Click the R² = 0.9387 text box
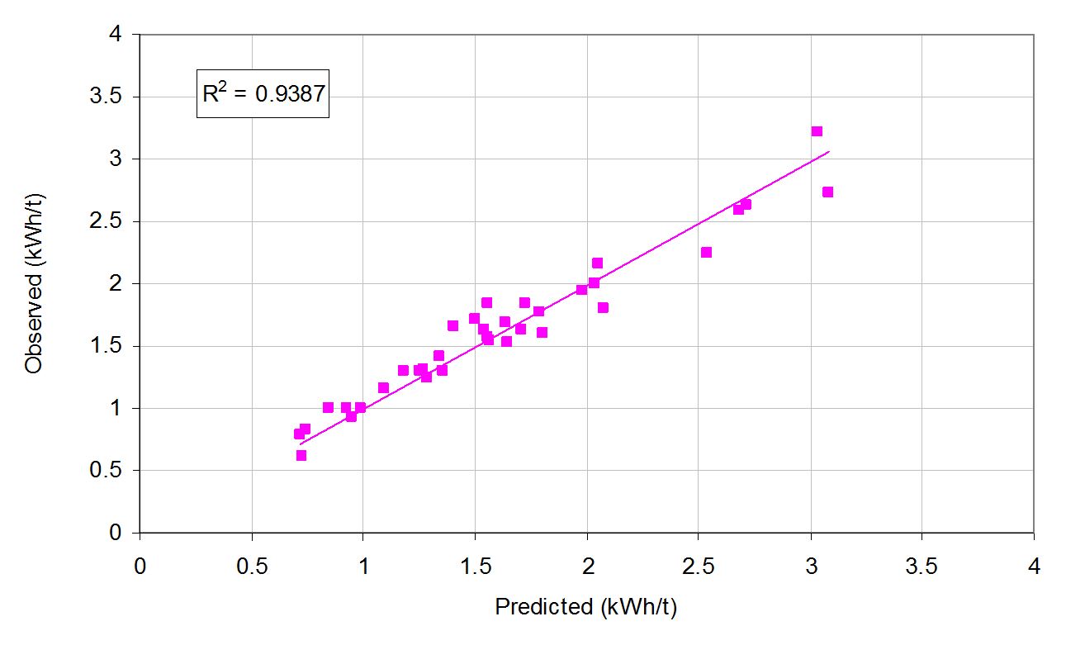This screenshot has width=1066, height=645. coord(263,94)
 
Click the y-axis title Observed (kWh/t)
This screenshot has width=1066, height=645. coord(34,284)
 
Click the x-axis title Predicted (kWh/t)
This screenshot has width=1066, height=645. coord(585,607)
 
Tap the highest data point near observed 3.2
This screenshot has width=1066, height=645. coord(817,131)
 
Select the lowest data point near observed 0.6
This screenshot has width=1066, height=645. coord(301,455)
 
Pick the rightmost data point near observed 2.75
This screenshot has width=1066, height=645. coord(827,192)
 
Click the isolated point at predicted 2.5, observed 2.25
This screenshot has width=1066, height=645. coord(706,252)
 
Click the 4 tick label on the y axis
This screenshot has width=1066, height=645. coord(118,35)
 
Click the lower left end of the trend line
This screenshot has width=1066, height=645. coord(301,444)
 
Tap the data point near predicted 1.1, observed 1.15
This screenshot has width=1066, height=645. coord(383,387)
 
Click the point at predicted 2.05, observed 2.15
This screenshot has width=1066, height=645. coord(597,263)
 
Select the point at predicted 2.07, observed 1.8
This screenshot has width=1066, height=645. coord(603,307)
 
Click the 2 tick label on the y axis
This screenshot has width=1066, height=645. coord(118,283)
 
